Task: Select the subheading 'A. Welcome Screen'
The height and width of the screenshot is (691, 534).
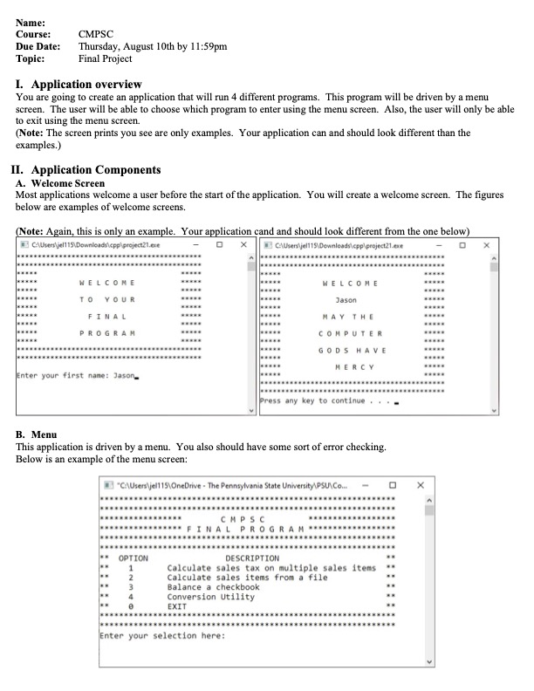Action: point(61,183)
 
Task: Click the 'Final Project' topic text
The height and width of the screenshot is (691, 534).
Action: point(106,58)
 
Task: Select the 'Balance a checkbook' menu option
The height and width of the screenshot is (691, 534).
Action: point(213,587)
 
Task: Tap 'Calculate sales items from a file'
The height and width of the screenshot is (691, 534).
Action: point(247,577)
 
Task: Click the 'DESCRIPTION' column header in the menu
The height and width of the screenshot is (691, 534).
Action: point(252,558)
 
